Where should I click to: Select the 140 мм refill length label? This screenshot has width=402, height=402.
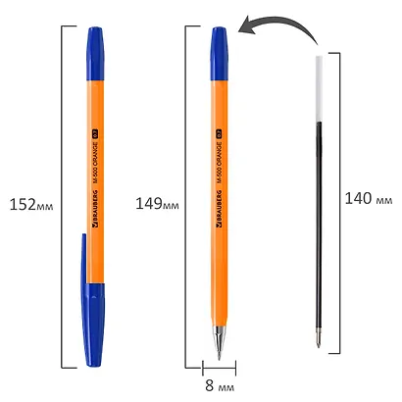click(368, 198)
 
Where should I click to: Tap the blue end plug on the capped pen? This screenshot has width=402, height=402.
click(95, 43)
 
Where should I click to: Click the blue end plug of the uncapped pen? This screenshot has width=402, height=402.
click(219, 43)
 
